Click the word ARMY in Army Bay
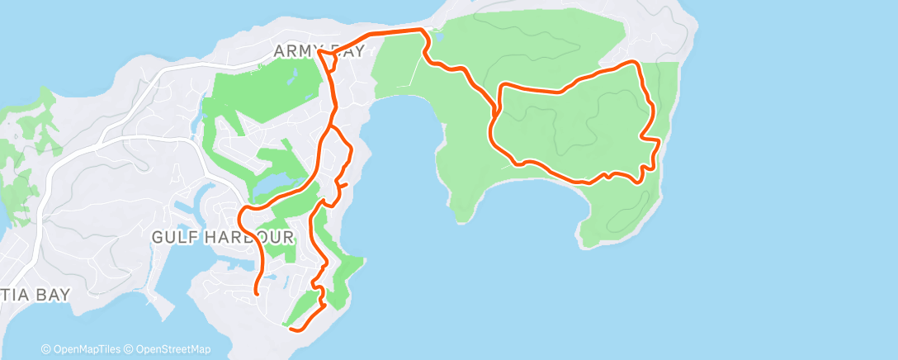pyautogui.click(x=295, y=52)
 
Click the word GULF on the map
pyautogui.click(x=171, y=237)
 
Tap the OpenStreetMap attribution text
pyautogui.click(x=172, y=349)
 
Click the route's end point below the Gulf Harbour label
pyautogui.click(x=257, y=292)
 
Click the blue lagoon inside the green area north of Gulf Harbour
pyautogui.click(x=276, y=187)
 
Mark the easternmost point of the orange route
pyautogui.click(x=660, y=142)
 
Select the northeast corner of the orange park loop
pyautogui.click(x=636, y=63)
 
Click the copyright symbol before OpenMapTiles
pyautogui.click(x=45, y=349)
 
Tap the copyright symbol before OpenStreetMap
pyautogui.click(x=130, y=349)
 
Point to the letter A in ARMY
pyautogui.click(x=279, y=52)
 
